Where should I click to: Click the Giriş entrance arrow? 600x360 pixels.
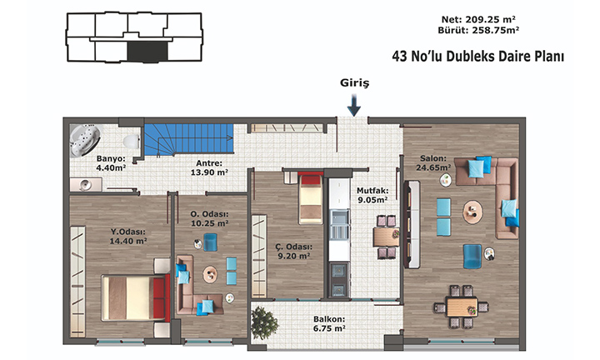click(x=354, y=105)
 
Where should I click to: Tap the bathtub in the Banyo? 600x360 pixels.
click(x=85, y=140)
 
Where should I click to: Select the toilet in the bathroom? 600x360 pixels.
click(x=132, y=141)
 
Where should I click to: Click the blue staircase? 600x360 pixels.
click(x=188, y=139)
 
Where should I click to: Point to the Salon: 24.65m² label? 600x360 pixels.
click(x=433, y=162)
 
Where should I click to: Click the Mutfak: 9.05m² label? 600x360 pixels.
click(x=372, y=195)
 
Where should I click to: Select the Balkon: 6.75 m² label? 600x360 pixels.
click(x=329, y=323)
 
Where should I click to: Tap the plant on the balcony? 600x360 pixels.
click(x=264, y=322)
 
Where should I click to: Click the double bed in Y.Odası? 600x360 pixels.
click(x=136, y=297)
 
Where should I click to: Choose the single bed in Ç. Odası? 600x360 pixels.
click(x=310, y=197)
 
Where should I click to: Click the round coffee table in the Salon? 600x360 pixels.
click(x=472, y=212)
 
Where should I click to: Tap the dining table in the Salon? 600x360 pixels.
click(x=462, y=307)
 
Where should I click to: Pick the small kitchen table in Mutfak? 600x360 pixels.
click(x=386, y=237)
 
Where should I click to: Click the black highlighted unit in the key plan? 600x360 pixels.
click(x=147, y=52)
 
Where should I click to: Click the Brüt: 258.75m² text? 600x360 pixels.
click(x=478, y=30)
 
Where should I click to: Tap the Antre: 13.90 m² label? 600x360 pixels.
click(x=209, y=167)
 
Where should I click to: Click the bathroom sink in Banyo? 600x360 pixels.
click(x=86, y=185)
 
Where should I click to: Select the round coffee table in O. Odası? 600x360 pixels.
click(x=210, y=274)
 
